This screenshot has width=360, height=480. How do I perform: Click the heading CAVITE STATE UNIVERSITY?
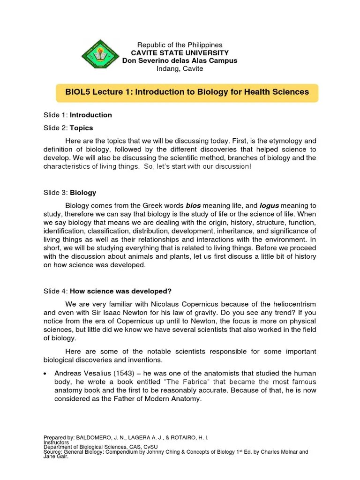[x=180, y=53]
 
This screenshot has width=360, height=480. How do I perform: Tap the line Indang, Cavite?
[x=180, y=68]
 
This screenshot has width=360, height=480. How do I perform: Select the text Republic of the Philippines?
[x=180, y=45]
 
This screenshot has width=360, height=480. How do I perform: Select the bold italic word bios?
[x=193, y=206]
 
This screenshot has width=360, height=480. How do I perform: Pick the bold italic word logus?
[x=270, y=206]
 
